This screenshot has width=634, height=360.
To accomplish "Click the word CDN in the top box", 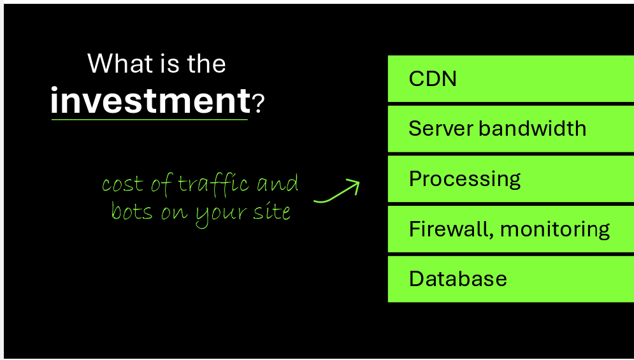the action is click(x=432, y=78).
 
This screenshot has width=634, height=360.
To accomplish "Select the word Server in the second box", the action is click(x=441, y=129).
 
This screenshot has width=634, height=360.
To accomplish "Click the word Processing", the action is click(x=465, y=180).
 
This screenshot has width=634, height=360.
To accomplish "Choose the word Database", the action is click(x=457, y=278).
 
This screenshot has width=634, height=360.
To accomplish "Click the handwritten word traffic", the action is click(x=213, y=184).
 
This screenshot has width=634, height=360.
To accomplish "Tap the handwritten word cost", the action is click(x=123, y=184).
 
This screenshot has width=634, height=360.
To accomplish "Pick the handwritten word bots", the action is click(x=132, y=211).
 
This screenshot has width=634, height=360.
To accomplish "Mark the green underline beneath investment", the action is click(x=149, y=119).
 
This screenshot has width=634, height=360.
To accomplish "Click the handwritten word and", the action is click(x=278, y=184).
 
